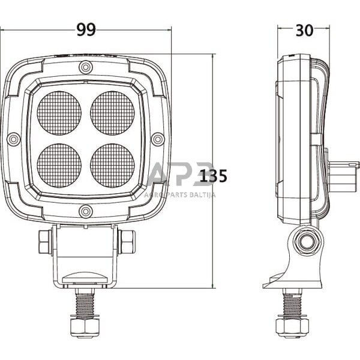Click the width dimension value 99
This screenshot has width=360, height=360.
(86, 30)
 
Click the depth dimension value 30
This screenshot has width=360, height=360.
(304, 30)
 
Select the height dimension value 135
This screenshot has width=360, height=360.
(214, 176)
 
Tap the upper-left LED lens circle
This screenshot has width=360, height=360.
(59, 113)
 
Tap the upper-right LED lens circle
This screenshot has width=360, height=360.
(112, 113)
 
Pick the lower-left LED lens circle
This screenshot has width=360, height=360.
(59, 165)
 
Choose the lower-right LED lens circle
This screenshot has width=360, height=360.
(112, 165)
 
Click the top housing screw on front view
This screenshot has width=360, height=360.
(86, 67)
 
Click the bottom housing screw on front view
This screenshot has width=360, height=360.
(86, 211)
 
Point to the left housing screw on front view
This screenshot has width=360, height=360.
(14, 139)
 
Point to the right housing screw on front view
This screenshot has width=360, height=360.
(158, 139)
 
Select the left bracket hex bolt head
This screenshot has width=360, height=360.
(44, 242)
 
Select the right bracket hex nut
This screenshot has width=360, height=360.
(127, 242)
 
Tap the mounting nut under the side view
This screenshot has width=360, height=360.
(292, 326)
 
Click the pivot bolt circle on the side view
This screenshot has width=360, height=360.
(307, 242)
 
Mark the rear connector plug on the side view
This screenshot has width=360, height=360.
(343, 175)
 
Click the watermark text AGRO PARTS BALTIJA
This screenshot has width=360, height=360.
(179, 194)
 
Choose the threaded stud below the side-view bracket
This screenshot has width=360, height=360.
(292, 304)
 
